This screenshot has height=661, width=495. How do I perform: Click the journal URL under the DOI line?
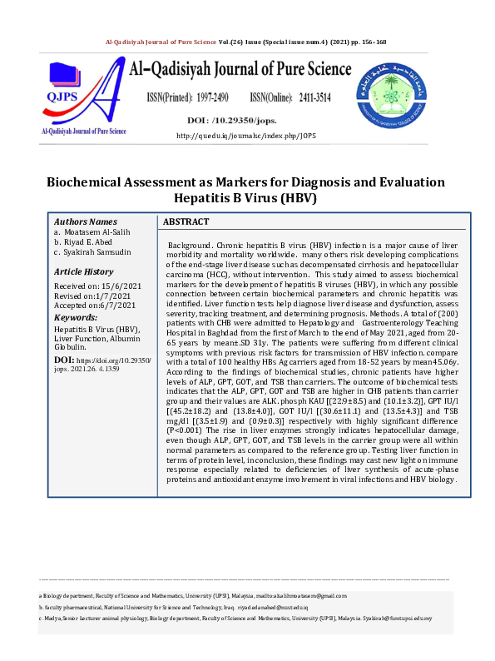[247, 135]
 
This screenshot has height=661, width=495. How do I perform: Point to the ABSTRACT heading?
[186, 222]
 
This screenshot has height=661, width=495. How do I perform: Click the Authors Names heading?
[86, 222]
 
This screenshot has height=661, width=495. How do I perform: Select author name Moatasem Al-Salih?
[97, 232]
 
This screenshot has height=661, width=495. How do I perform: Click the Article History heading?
[83, 271]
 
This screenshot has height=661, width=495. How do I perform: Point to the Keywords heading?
[77, 317]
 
